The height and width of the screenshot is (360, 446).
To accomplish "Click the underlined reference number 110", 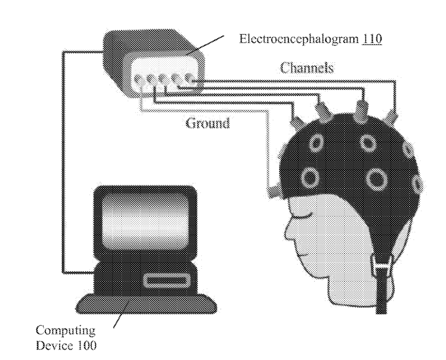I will coord(371,39).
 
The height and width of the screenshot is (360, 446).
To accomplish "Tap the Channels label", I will coord(307,68).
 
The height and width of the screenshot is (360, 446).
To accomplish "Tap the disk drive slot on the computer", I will coord(165,280).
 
